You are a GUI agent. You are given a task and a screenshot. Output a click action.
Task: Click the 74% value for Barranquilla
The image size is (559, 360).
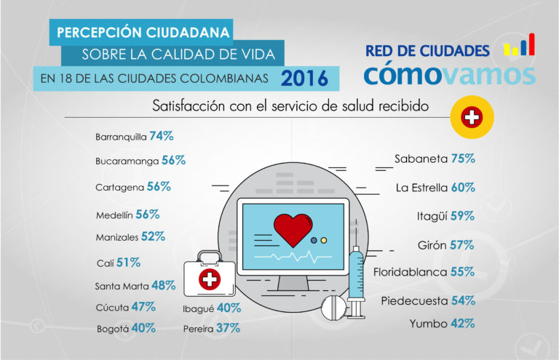point(162,136)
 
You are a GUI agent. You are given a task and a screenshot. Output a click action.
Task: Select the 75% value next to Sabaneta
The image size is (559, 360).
point(462,159)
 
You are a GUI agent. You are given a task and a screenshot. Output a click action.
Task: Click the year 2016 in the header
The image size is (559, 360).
point(299,77)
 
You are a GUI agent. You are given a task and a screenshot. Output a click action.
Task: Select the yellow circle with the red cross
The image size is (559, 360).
point(472,117)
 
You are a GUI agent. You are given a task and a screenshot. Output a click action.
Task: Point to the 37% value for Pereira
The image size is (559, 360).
point(229,328)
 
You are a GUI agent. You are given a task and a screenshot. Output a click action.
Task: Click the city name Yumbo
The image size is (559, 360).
point(428,324)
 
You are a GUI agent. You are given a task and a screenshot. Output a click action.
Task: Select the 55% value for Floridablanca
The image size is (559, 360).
point(462,273)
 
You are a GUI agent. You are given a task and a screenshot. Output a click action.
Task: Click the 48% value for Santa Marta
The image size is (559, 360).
point(163,286)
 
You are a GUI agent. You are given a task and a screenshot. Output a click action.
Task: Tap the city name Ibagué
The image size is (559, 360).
point(198,308)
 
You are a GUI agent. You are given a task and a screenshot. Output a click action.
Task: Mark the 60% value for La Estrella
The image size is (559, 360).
point(463,188)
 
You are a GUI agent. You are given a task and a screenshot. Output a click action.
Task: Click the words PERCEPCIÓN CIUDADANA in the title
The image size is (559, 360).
point(143,32)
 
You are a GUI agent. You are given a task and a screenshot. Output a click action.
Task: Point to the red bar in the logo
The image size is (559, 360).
point(531,45)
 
